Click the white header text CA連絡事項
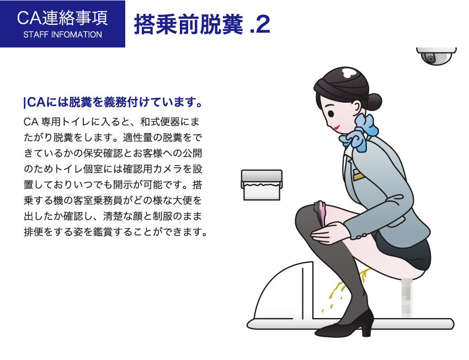point(62,18)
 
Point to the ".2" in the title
point(259,25)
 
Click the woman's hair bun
point(374,101)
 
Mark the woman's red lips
point(335,127)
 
